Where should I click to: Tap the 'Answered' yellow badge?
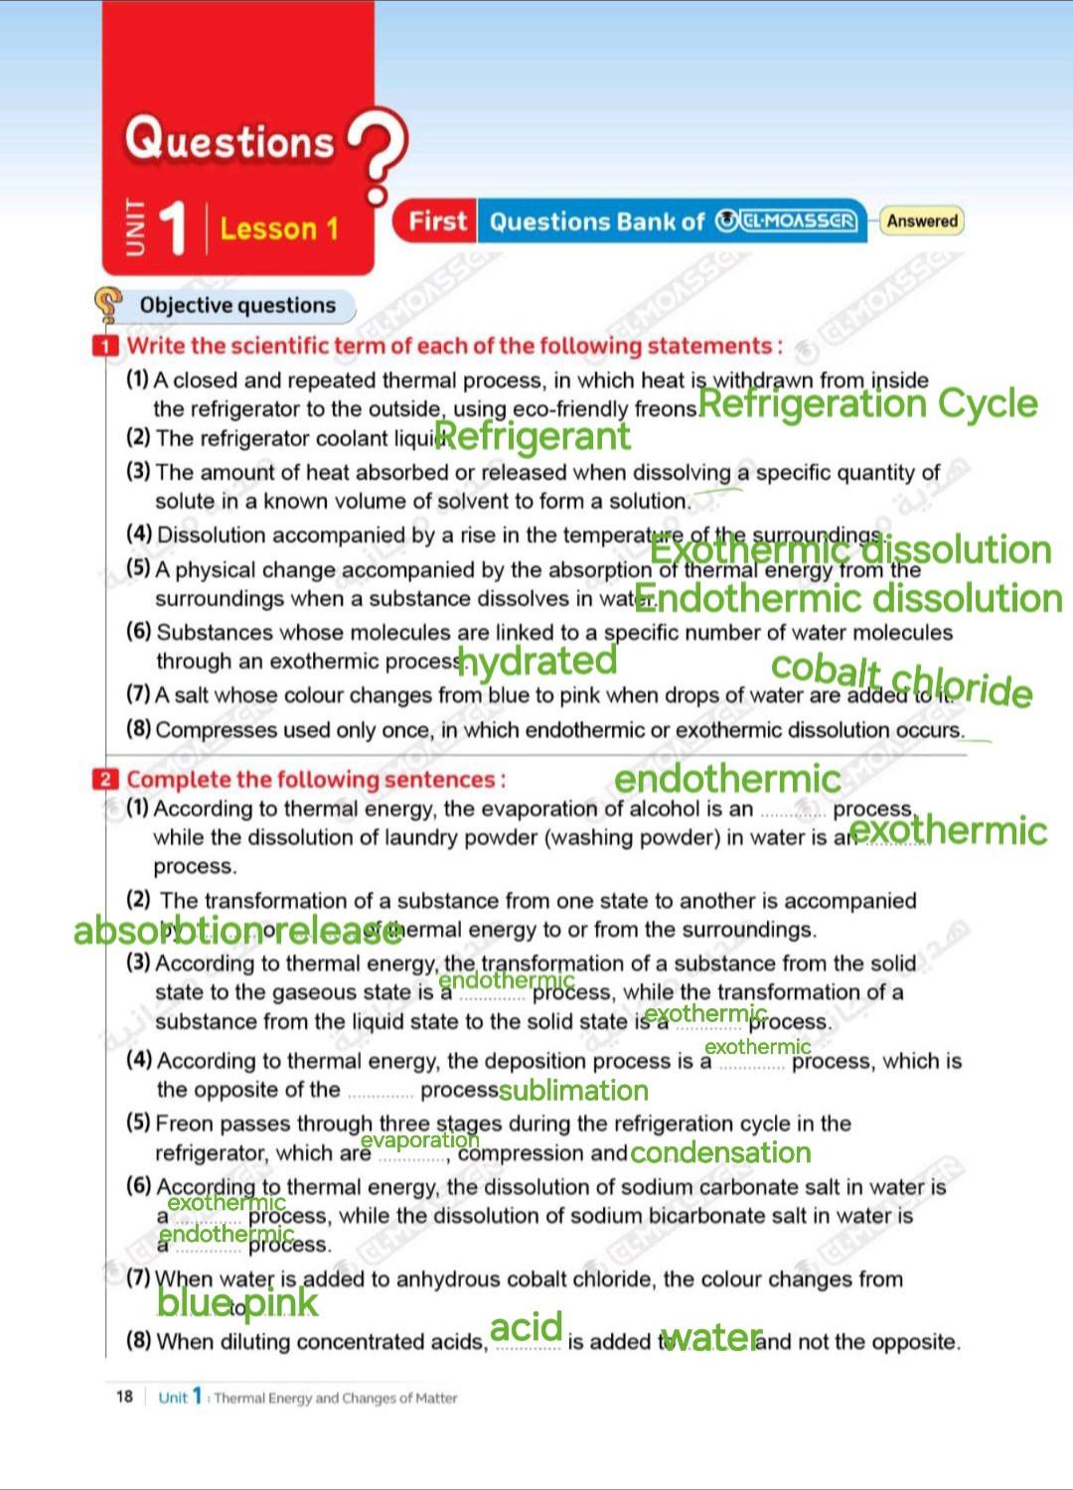[922, 221]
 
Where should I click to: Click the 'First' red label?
[436, 221]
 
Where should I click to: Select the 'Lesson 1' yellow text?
[279, 229]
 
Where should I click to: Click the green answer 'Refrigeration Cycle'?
[867, 403]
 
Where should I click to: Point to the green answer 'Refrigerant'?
[533, 436]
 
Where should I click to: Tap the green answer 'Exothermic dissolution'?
[850, 548]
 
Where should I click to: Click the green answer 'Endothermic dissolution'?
[848, 598]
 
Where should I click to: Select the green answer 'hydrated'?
[537, 661]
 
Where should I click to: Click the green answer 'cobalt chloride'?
[902, 679]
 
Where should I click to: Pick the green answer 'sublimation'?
[573, 1091]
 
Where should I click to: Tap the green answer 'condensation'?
[720, 1152]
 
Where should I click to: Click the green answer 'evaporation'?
[419, 1140]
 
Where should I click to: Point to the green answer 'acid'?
[527, 1326]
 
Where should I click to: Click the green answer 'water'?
[711, 1338]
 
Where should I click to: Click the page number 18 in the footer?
[124, 1397]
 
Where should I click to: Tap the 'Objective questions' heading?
[237, 305]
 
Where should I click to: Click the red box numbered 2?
[105, 780]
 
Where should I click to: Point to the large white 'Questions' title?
[230, 139]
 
